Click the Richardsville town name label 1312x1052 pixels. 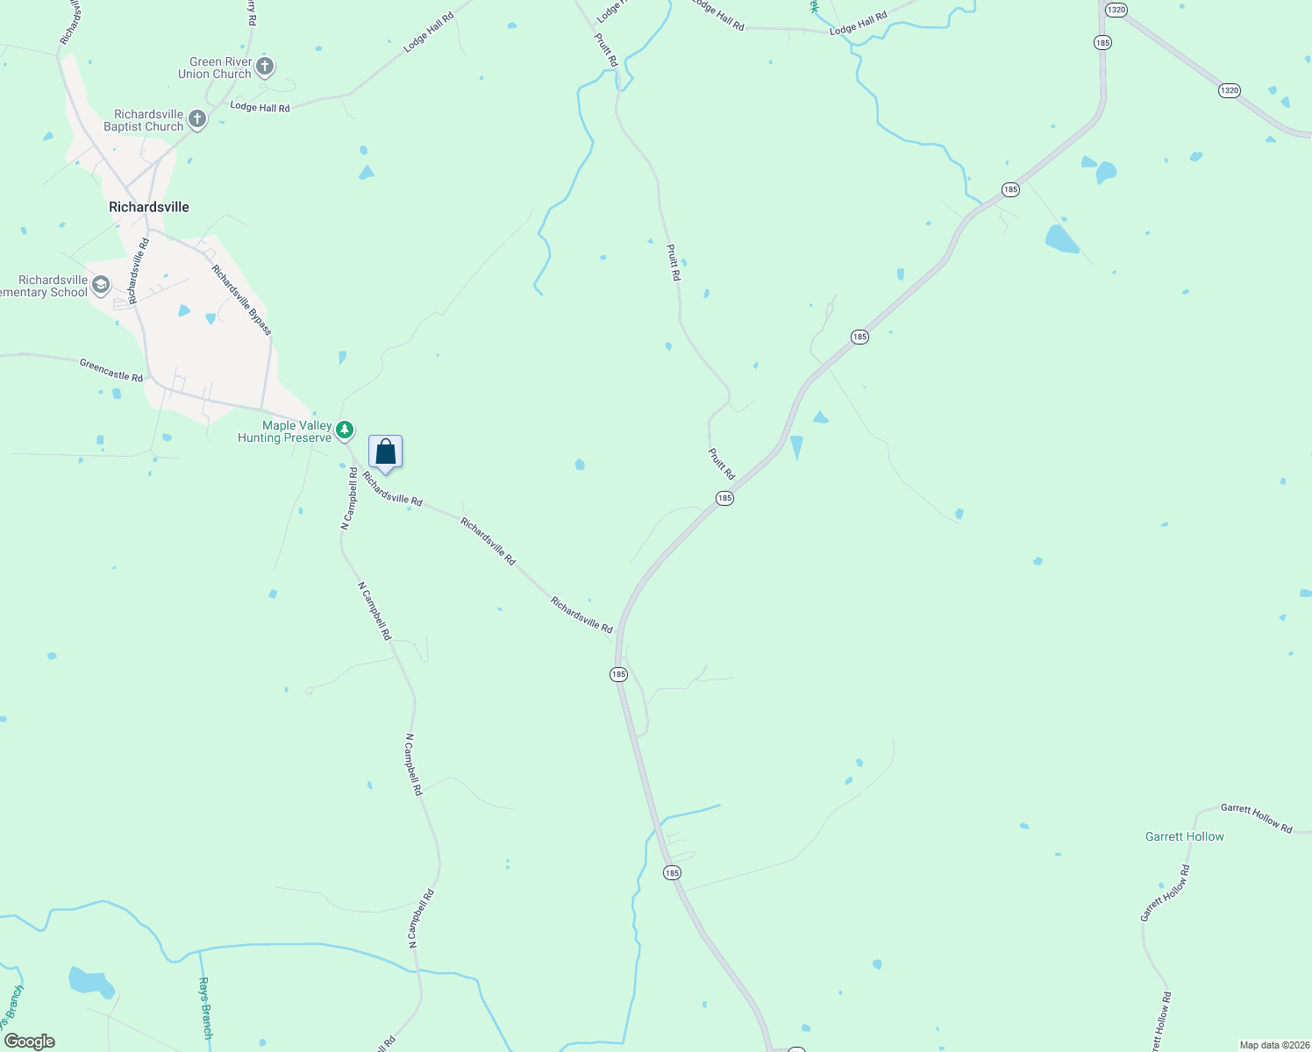(x=149, y=207)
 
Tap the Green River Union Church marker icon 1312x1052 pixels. (x=265, y=67)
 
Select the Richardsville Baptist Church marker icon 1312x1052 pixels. (x=197, y=119)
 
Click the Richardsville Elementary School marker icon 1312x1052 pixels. (x=101, y=285)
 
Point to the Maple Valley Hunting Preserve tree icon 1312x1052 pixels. (x=346, y=430)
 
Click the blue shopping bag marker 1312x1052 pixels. (x=385, y=452)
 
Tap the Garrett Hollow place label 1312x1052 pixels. (x=1184, y=837)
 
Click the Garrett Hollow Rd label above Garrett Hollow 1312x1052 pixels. (x=1256, y=818)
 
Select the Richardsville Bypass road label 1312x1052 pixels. (x=242, y=300)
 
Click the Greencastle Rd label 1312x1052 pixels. (x=111, y=370)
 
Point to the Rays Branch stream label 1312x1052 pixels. (x=205, y=1008)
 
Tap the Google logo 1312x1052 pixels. (x=30, y=1041)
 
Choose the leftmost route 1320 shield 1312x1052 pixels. (x=1115, y=10)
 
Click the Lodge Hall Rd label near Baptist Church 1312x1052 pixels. (x=260, y=107)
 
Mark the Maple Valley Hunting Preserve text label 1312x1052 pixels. (x=285, y=431)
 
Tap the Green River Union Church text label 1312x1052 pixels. (x=215, y=68)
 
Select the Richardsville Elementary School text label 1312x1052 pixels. (x=44, y=287)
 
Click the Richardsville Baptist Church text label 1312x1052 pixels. (x=144, y=121)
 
